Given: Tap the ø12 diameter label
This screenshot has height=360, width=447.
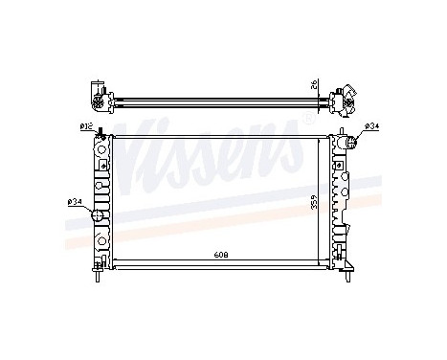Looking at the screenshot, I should click(x=86, y=127).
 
